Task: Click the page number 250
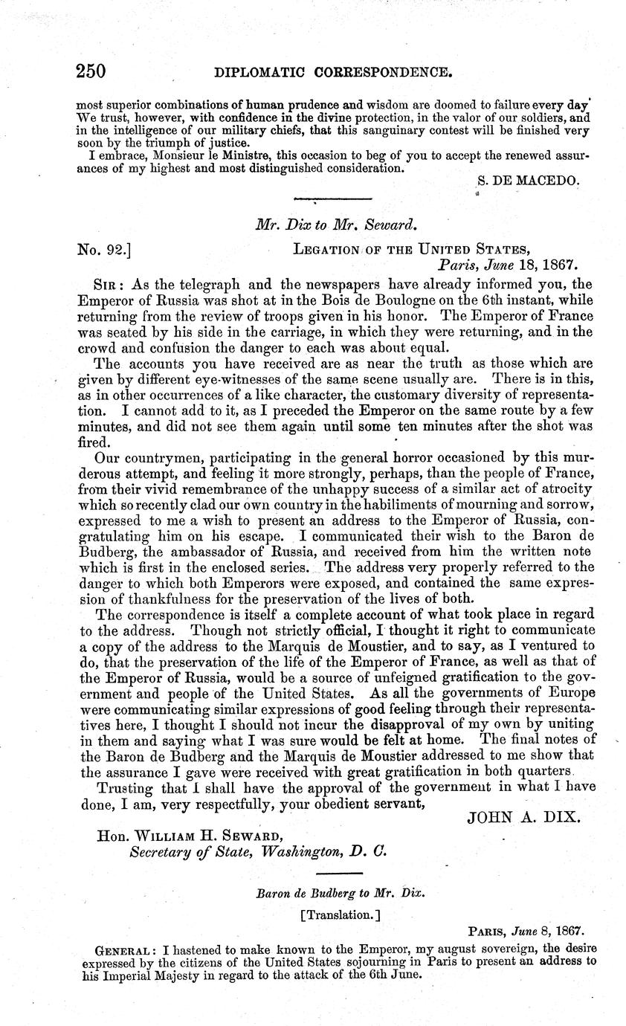point(91,71)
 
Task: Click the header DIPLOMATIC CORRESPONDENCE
point(332,72)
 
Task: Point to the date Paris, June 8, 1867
point(525,930)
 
